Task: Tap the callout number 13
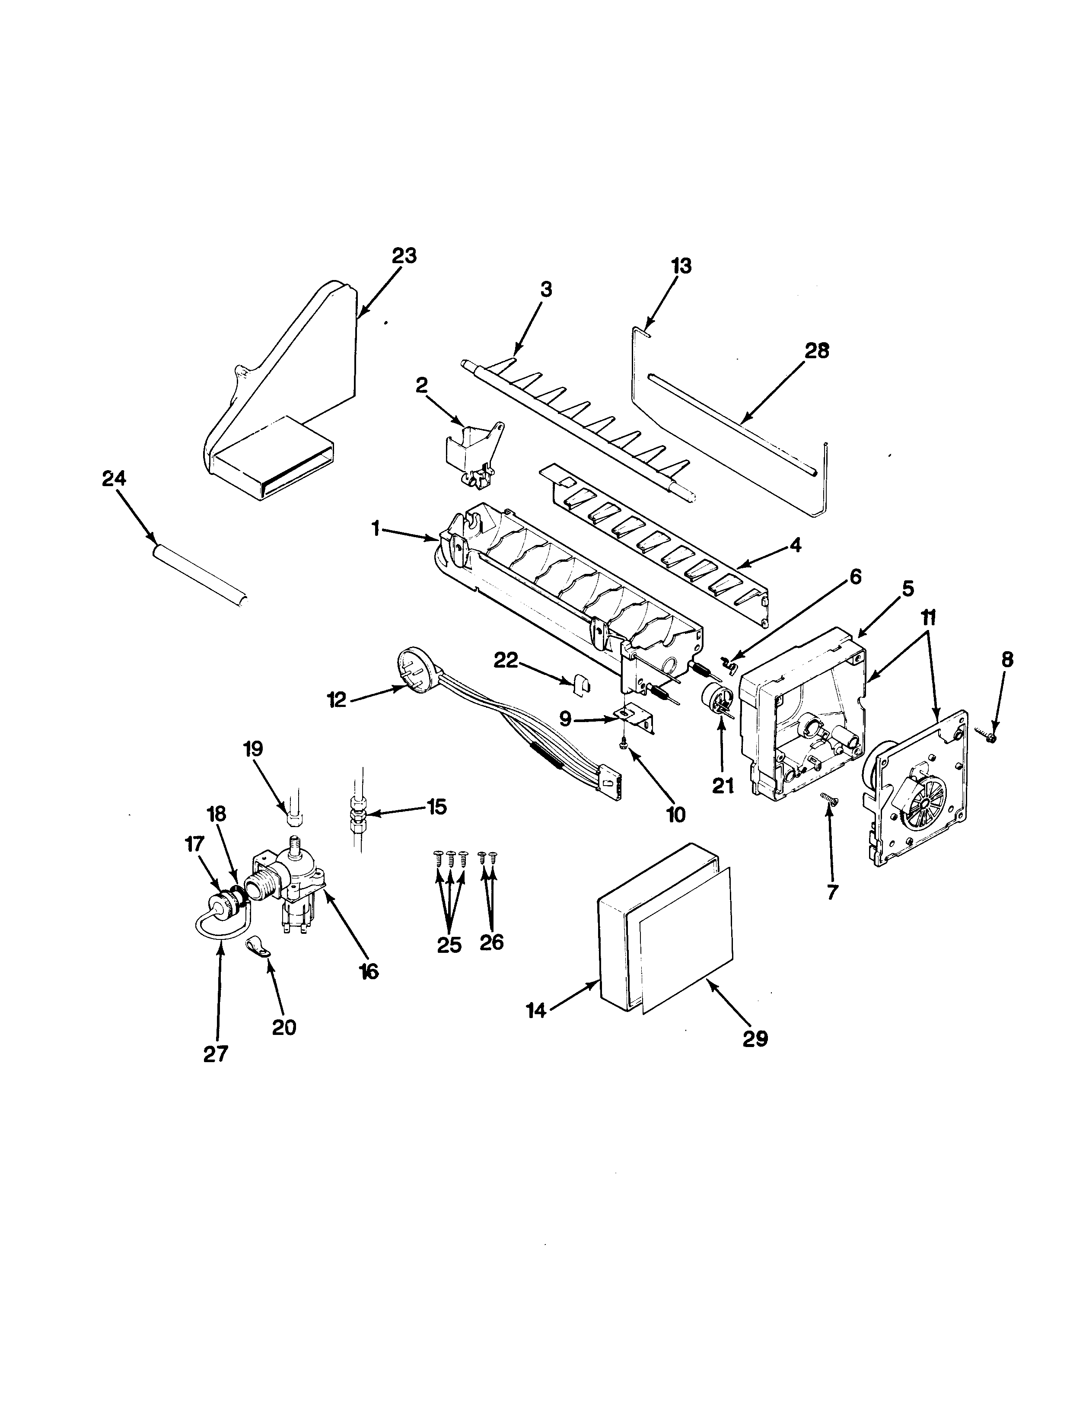[x=681, y=265]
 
